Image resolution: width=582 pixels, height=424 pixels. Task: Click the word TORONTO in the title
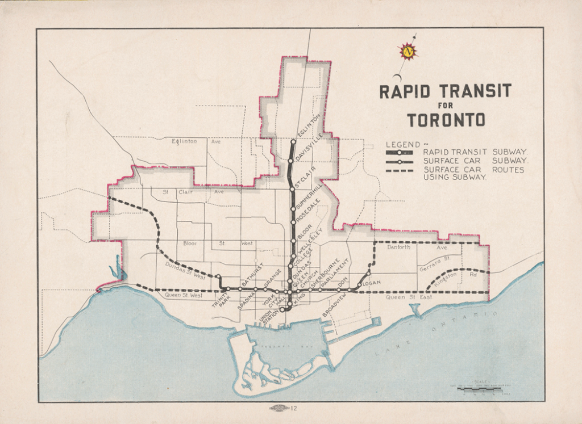pyautogui.click(x=446, y=120)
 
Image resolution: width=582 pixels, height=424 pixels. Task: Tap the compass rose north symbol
pyautogui.click(x=408, y=52)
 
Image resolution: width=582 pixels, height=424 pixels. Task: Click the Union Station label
pyautogui.click(x=269, y=314)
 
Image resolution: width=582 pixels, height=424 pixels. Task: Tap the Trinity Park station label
pyautogui.click(x=219, y=300)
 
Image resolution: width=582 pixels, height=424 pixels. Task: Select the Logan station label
pyautogui.click(x=370, y=283)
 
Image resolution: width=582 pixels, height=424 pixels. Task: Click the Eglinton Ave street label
pyautogui.click(x=196, y=141)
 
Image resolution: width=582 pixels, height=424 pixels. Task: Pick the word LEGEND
pyautogui.click(x=403, y=144)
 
